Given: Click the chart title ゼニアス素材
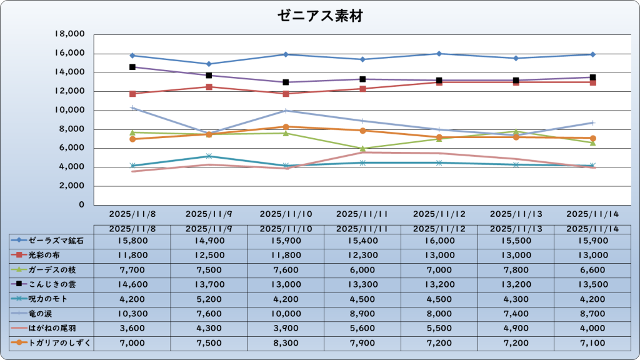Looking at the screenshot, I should pyautogui.click(x=320, y=17).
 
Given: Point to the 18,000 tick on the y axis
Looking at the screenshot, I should pyautogui.click(x=70, y=34).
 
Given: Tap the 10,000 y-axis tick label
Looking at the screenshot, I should pyautogui.click(x=70, y=111).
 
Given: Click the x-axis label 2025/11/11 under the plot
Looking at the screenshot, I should pyautogui.click(x=362, y=214).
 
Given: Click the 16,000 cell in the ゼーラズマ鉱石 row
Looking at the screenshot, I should pyautogui.click(x=439, y=240).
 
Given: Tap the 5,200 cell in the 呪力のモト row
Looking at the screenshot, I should pyautogui.click(x=209, y=299).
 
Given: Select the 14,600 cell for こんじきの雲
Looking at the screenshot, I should pyautogui.click(x=132, y=284).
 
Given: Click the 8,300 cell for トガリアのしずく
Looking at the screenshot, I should pyautogui.click(x=286, y=342).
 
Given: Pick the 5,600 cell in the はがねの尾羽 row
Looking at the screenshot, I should pyautogui.click(x=362, y=328).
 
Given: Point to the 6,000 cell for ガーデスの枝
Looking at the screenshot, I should pyautogui.click(x=362, y=269).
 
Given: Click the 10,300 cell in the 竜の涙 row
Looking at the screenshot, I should pyautogui.click(x=132, y=313).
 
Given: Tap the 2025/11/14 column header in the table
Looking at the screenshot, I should pyautogui.click(x=592, y=229).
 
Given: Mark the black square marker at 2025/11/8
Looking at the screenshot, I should pyautogui.click(x=132, y=67).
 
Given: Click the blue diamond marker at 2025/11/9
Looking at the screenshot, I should pyautogui.click(x=209, y=64).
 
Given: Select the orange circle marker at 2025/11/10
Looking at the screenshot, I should pyautogui.click(x=286, y=127).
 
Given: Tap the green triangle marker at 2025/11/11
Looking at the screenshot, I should pyautogui.click(x=362, y=149).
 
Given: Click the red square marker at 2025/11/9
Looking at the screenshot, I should pyautogui.click(x=209, y=87).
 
